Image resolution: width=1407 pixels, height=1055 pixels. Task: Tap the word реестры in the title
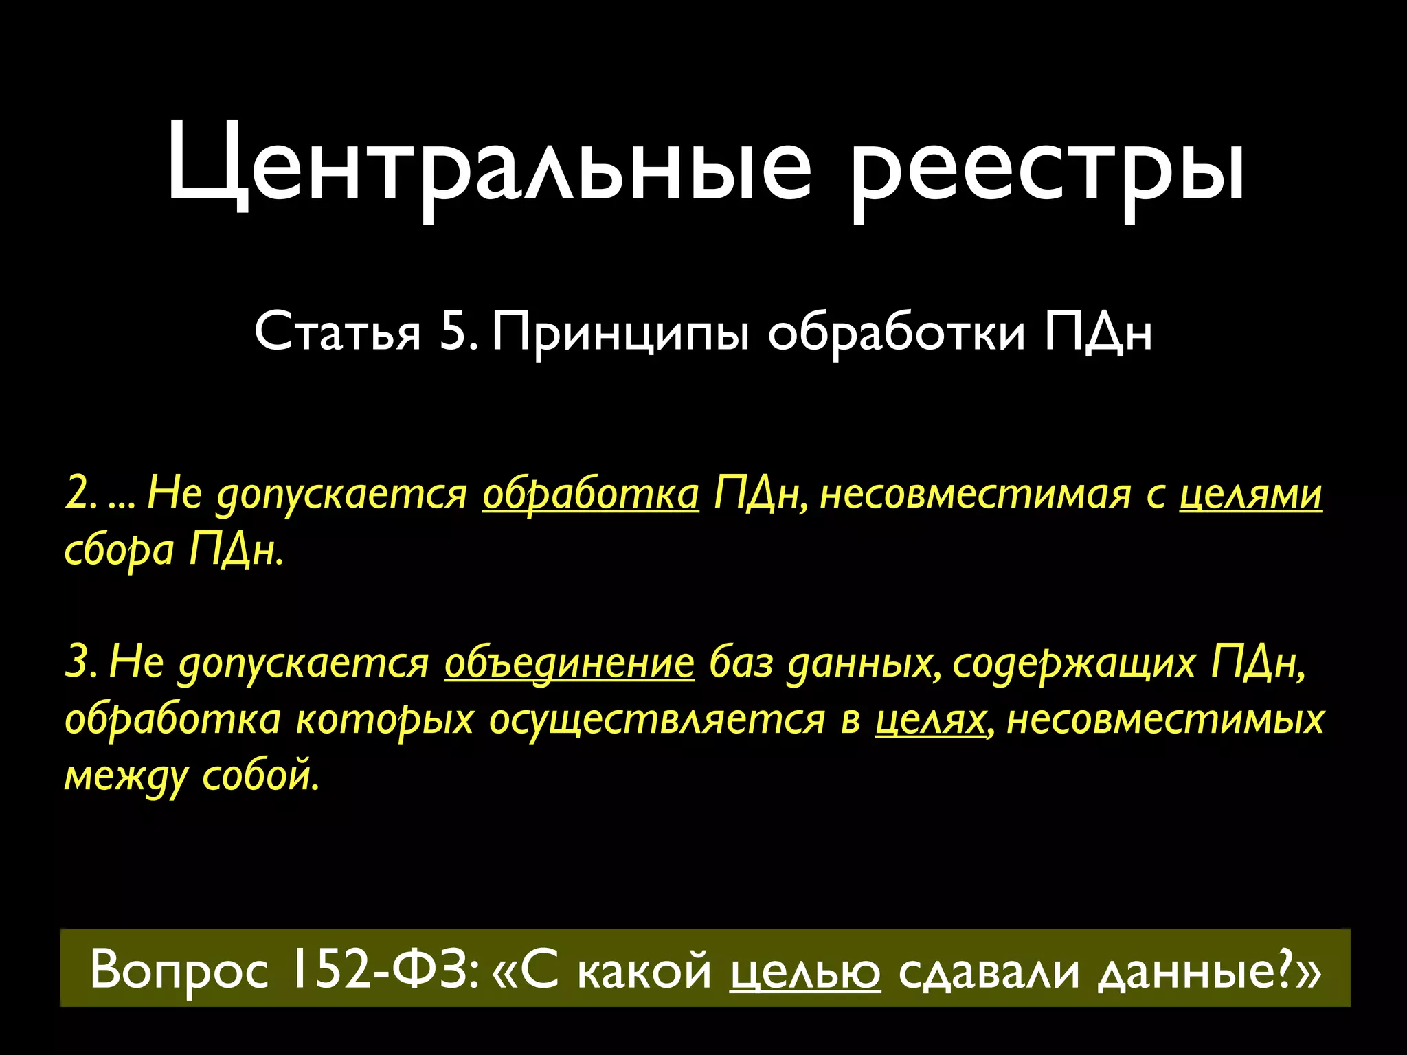[x=1047, y=168]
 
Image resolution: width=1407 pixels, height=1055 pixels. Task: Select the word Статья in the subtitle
[x=337, y=332]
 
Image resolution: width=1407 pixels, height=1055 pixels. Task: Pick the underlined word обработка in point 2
[x=590, y=494]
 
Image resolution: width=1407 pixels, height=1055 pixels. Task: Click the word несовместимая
[x=976, y=494]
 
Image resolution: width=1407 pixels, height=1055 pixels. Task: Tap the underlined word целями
[x=1250, y=494]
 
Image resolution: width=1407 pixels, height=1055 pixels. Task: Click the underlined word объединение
[x=569, y=663]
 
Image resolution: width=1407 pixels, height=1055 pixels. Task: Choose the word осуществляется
[x=657, y=720]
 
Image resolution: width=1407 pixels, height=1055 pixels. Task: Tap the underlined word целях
[x=930, y=720]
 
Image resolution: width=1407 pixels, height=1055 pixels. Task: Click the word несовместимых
[x=1164, y=720]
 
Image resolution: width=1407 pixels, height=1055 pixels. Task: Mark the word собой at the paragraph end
[x=260, y=776]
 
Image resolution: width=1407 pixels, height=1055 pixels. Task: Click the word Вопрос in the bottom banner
[x=179, y=971]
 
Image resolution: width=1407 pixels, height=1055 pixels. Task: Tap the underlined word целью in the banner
[x=804, y=971]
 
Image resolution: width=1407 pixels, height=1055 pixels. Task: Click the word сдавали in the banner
[x=989, y=971]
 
